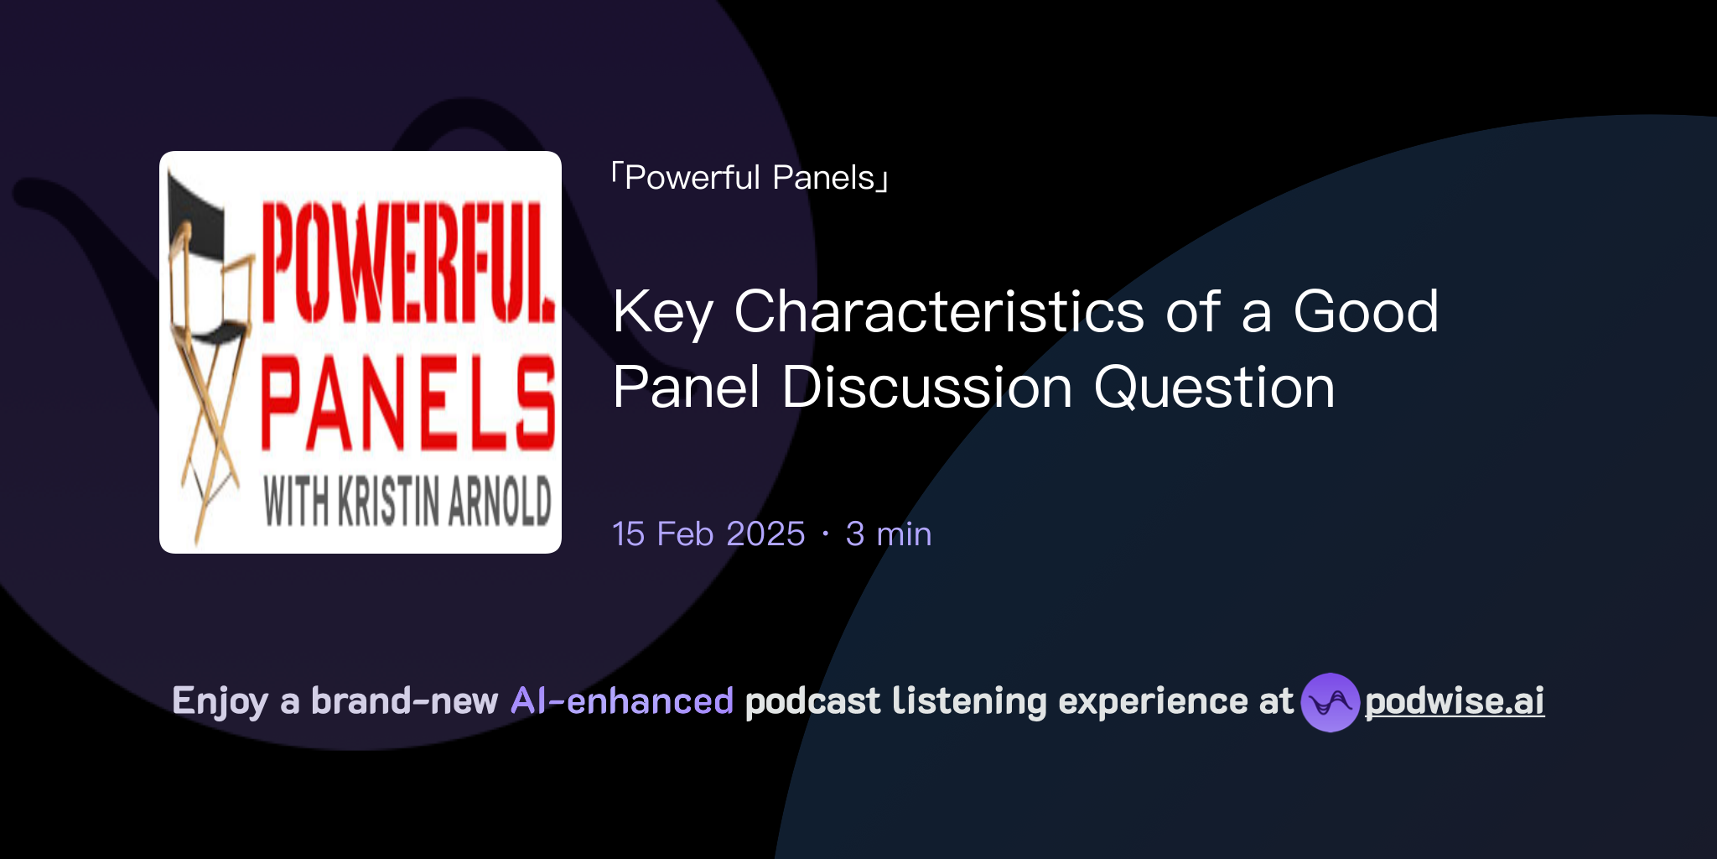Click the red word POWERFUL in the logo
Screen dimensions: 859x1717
407,262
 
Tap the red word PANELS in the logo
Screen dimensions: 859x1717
407,403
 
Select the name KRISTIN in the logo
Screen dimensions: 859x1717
389,502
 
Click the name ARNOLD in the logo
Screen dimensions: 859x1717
500,502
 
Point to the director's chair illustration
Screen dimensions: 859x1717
208,352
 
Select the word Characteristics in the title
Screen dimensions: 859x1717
939,312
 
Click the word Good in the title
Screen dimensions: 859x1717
1366,312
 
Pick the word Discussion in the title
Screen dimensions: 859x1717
926,388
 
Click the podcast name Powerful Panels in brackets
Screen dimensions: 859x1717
750,178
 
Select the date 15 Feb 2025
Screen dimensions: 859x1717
708,534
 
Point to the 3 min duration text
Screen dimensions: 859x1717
889,534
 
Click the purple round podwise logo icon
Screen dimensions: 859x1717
1330,702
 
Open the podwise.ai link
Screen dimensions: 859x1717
1455,702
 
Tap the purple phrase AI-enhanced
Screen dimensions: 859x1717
622,701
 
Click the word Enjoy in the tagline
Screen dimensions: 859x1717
220,702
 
